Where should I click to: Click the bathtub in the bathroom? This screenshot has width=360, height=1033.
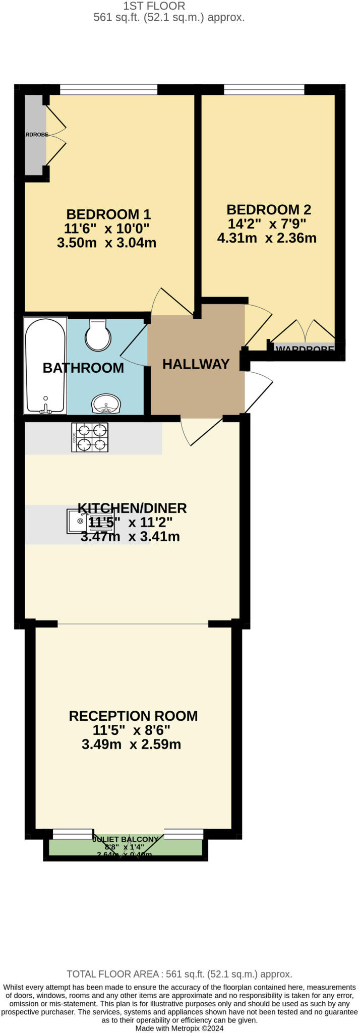(45, 366)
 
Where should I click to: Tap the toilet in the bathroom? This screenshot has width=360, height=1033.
(98, 335)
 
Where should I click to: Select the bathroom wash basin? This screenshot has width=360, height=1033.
(106, 403)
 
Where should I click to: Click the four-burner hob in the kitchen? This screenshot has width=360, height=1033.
(90, 437)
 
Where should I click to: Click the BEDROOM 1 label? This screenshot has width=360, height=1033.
(108, 214)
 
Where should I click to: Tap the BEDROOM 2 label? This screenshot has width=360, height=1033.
(268, 209)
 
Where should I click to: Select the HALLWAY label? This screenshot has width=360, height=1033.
(196, 364)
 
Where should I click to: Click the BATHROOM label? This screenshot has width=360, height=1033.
(83, 368)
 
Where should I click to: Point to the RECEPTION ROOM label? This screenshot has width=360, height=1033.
(133, 716)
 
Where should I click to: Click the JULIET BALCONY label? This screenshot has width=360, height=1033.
(126, 839)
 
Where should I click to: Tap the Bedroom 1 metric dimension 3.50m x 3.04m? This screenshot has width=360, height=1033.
(107, 243)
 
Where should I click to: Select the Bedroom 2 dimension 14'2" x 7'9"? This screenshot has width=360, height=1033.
(267, 223)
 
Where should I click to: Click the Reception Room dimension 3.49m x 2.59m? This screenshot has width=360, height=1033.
(131, 744)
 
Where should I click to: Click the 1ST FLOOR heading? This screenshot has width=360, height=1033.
(154, 6)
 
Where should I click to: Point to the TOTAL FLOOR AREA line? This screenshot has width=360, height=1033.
(179, 974)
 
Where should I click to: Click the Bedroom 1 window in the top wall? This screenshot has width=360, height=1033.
(108, 90)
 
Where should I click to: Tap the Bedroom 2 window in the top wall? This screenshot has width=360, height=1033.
(264, 90)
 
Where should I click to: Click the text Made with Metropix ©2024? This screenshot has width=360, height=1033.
(179, 1028)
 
